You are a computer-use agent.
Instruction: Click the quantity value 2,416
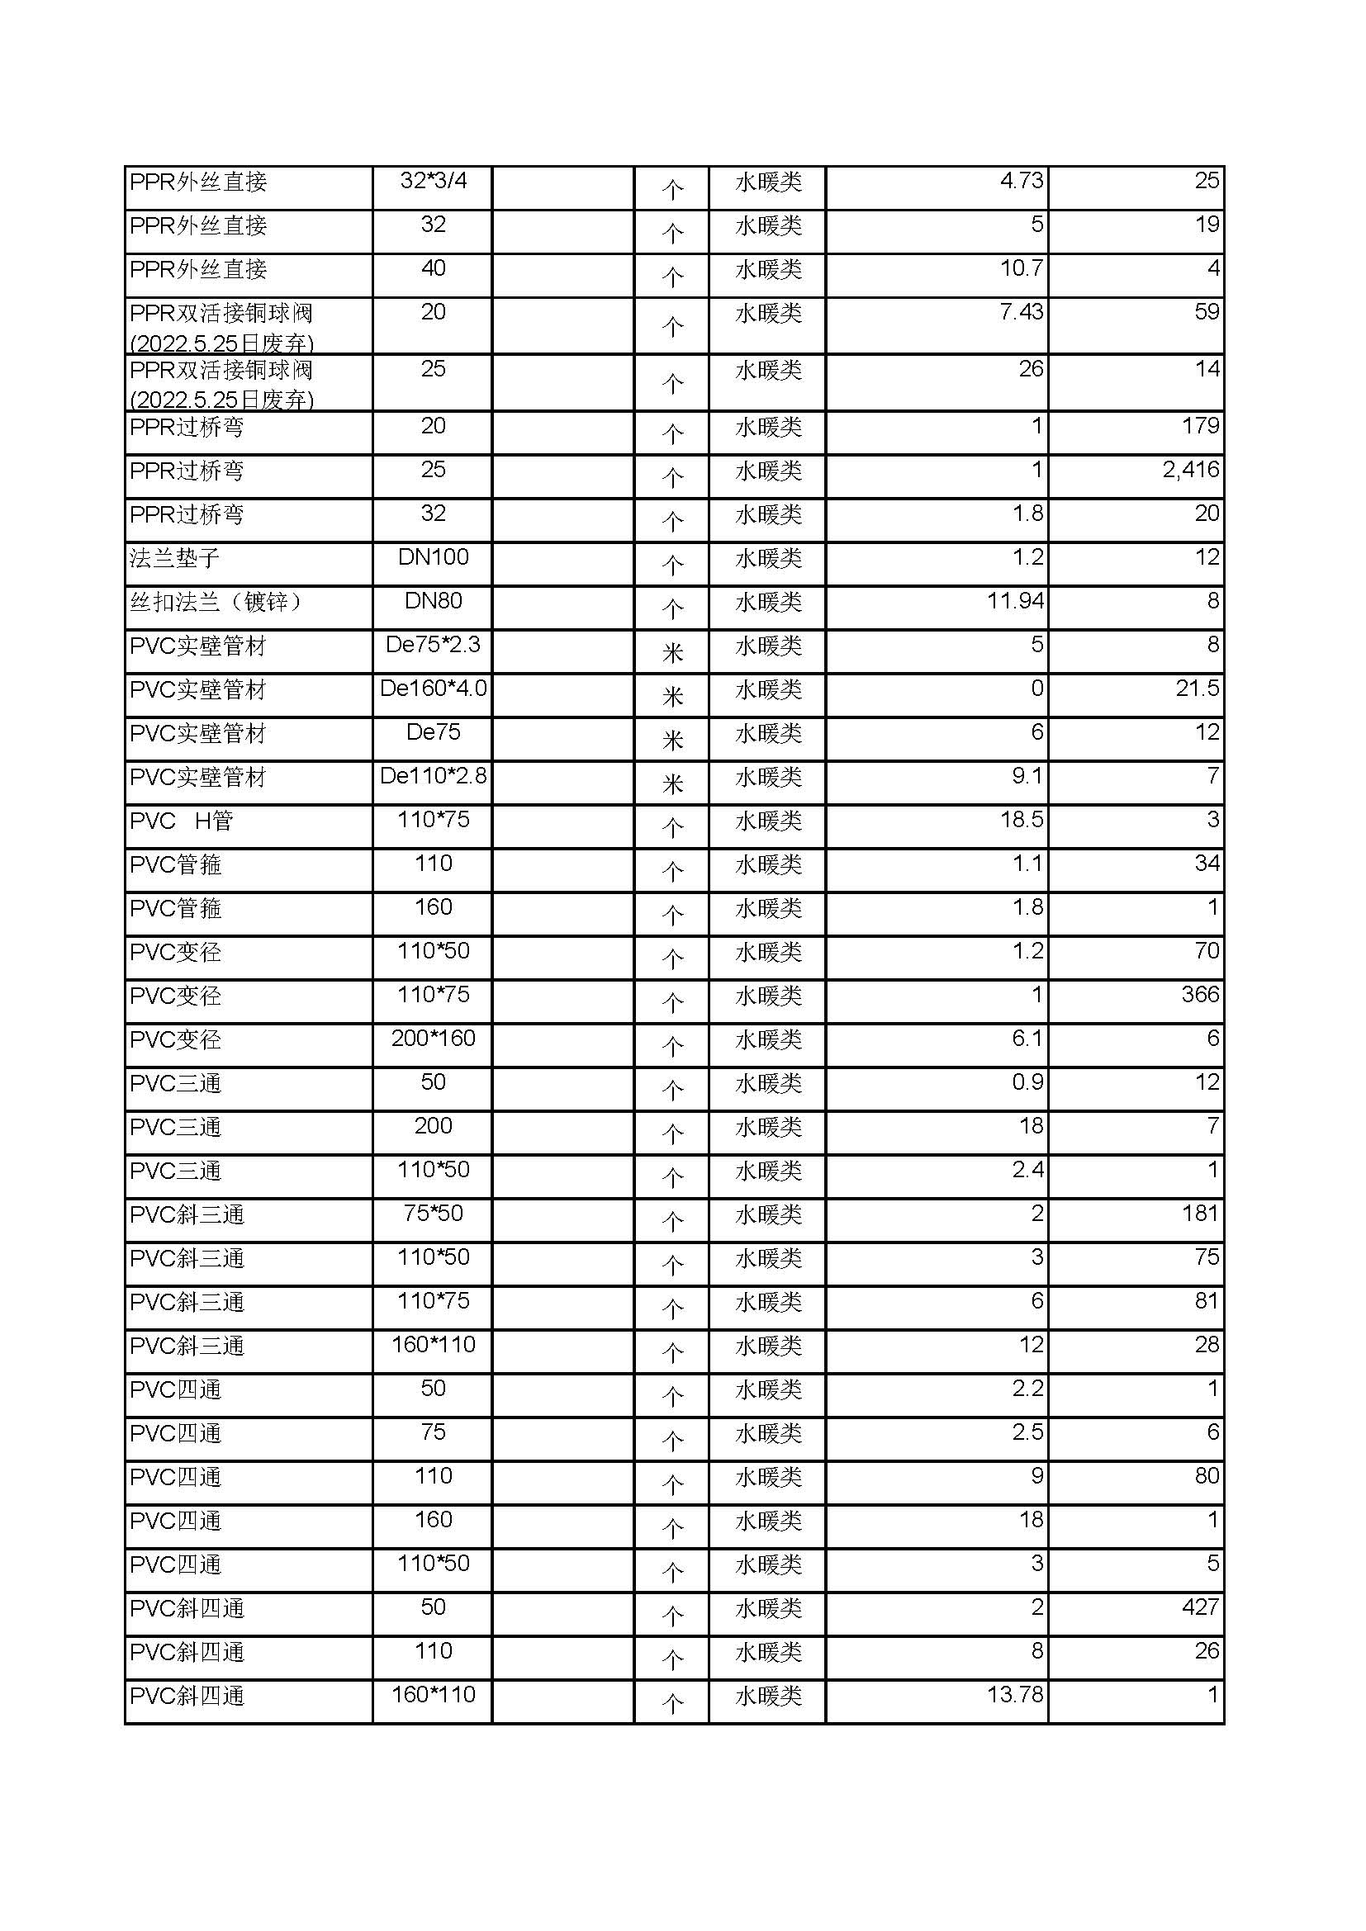pyautogui.click(x=1190, y=469)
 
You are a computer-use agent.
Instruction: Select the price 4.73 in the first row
pyautogui.click(x=1021, y=181)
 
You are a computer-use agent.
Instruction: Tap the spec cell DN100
pyautogui.click(x=434, y=556)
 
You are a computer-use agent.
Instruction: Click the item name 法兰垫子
pyautogui.click(x=175, y=557)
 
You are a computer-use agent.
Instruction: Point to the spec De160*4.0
pyautogui.click(x=434, y=688)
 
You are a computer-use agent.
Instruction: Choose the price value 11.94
pyautogui.click(x=1014, y=600)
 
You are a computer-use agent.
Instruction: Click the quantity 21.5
pyautogui.click(x=1197, y=688)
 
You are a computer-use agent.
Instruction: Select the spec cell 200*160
pyautogui.click(x=434, y=1038)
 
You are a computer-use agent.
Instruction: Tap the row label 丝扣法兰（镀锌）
pyautogui.click(x=216, y=601)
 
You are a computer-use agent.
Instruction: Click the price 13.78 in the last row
pyautogui.click(x=1014, y=1694)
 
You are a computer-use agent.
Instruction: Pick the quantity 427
pyautogui.click(x=1200, y=1607)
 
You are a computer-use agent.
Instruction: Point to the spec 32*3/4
pyautogui.click(x=434, y=181)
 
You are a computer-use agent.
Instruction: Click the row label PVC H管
pyautogui.click(x=181, y=820)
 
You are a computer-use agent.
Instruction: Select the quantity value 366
pyautogui.click(x=1200, y=994)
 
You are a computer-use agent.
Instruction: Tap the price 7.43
pyautogui.click(x=1021, y=312)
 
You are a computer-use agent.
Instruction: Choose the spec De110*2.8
pyautogui.click(x=434, y=775)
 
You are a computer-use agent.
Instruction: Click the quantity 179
pyautogui.click(x=1200, y=425)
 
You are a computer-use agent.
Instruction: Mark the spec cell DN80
pyautogui.click(x=434, y=600)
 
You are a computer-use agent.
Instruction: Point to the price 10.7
pyautogui.click(x=1021, y=268)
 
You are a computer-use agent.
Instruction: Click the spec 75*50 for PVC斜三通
pyautogui.click(x=434, y=1213)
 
